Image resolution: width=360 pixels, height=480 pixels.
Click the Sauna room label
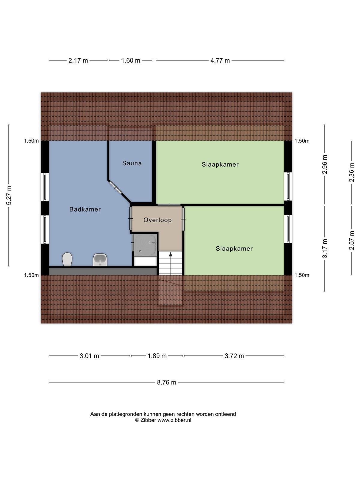click(132, 163)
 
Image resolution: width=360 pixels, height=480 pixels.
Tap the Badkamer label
click(85, 209)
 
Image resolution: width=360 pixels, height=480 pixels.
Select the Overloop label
click(157, 220)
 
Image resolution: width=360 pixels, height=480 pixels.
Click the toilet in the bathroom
click(67, 259)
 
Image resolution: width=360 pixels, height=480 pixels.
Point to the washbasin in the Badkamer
click(100, 260)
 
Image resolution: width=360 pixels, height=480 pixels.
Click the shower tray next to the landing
click(145, 244)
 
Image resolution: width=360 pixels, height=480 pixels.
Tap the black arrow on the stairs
click(170, 254)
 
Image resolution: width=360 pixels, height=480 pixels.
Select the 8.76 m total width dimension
click(166, 382)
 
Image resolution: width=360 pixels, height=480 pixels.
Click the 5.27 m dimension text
click(9, 195)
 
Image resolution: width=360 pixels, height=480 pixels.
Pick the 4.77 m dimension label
click(220, 61)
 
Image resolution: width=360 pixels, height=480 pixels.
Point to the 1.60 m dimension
click(130, 61)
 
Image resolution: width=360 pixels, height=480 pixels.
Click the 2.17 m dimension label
click(78, 61)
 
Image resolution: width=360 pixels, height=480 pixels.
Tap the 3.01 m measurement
click(89, 356)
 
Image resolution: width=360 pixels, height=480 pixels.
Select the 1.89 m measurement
click(157, 356)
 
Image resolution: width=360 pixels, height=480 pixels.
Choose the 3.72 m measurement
click(234, 356)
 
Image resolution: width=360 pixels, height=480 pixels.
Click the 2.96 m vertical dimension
click(325, 164)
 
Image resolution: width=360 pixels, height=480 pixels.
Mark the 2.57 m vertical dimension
click(352, 240)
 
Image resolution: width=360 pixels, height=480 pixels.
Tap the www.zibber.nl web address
click(174, 420)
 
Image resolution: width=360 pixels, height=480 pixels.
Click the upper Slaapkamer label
click(220, 164)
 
